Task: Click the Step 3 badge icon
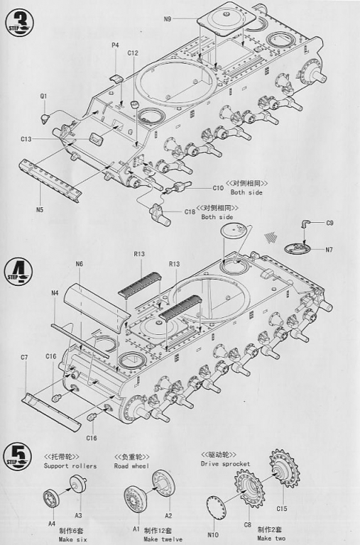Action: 19,22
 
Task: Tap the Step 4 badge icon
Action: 19,272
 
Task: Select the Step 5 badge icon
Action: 17,456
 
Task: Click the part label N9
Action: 168,18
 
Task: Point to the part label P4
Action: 116,45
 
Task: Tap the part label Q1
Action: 43,96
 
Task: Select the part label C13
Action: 26,139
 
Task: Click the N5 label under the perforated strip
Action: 40,209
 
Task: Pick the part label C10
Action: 218,188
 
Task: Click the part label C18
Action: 190,211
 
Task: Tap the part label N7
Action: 329,250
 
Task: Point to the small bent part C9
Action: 305,224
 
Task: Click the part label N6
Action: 80,264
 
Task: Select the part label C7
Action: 24,357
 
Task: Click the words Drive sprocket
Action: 225,463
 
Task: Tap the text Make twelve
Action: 163,539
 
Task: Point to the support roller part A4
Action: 51,497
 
